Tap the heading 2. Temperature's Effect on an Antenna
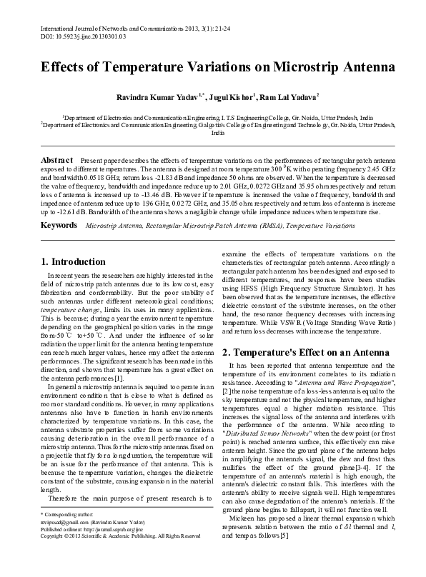299,352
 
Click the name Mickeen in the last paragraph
246,538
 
